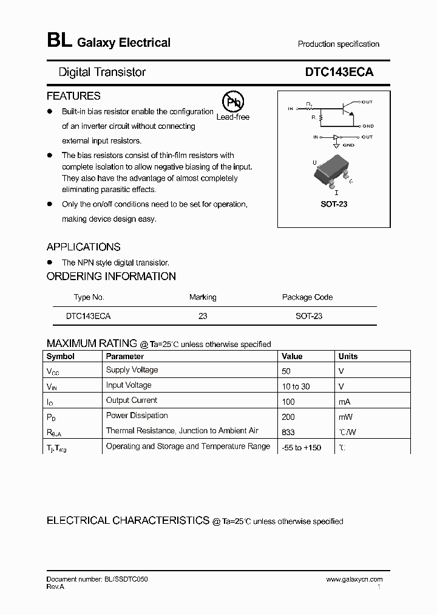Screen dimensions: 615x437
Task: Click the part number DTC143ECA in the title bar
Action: point(339,72)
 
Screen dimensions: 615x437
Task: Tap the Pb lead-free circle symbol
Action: point(231,102)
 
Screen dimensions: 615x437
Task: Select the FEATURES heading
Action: point(73,96)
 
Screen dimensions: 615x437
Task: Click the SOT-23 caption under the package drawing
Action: point(334,204)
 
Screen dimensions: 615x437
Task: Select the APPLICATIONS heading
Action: point(83,247)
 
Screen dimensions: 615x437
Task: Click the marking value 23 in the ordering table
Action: point(203,316)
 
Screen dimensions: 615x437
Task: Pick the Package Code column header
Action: point(307,297)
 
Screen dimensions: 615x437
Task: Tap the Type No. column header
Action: point(89,297)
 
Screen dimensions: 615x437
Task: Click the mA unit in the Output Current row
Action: point(345,402)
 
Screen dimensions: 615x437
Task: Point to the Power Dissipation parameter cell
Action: point(137,416)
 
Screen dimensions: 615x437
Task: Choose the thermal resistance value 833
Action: point(288,432)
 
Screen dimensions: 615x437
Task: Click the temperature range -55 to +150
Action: point(301,448)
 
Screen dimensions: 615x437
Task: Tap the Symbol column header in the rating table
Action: point(61,357)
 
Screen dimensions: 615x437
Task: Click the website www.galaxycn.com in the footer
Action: point(354,580)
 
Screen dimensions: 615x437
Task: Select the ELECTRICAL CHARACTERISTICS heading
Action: point(128,521)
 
